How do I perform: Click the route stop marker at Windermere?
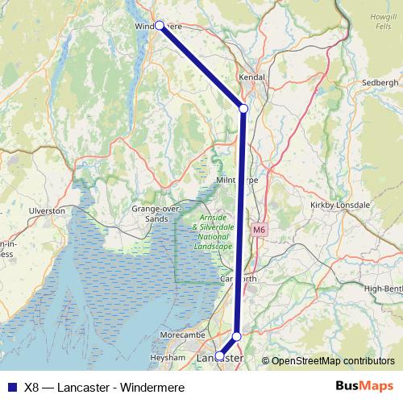[x=160, y=26]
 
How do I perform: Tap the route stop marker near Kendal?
[x=243, y=108]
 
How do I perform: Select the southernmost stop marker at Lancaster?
[x=220, y=355]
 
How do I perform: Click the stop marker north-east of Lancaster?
[x=237, y=336]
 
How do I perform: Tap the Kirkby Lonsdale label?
[x=340, y=206]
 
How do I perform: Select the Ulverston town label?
[x=47, y=210]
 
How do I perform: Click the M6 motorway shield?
[x=259, y=230]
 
